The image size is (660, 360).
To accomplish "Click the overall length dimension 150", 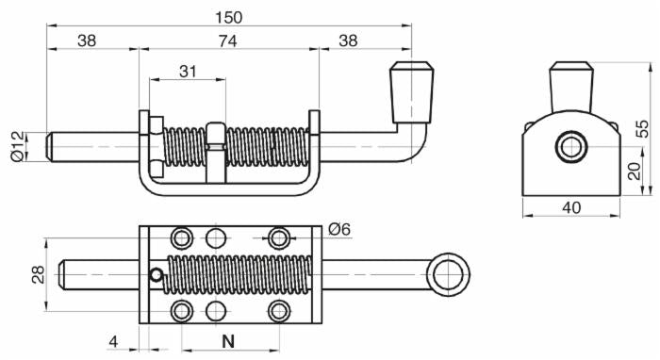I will pyautogui.click(x=229, y=17).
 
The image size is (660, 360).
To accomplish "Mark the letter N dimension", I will pyautogui.click(x=227, y=340).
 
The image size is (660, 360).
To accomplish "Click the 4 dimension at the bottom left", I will pyautogui.click(x=114, y=340).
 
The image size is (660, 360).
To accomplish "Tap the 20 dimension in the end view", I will pyautogui.click(x=635, y=171).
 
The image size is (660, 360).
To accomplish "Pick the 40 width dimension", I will pyautogui.click(x=571, y=206).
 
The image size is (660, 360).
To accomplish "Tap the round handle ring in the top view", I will pyautogui.click(x=447, y=274).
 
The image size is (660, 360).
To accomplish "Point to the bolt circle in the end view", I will pyautogui.click(x=571, y=147).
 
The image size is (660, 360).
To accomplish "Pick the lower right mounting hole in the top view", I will pyautogui.click(x=278, y=311).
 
